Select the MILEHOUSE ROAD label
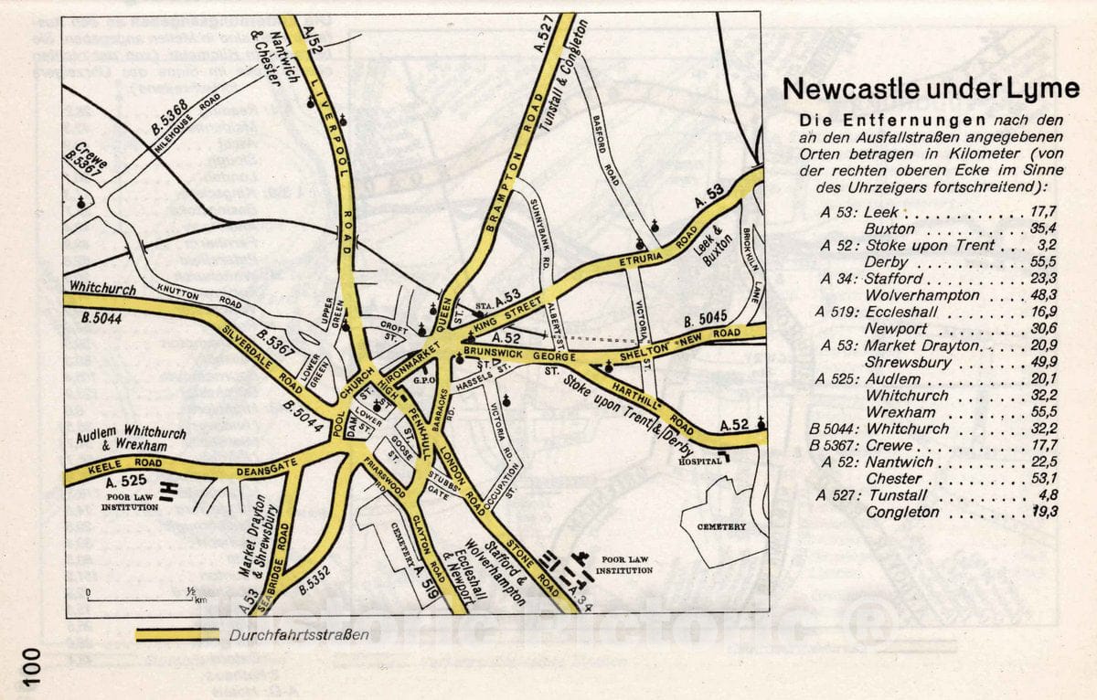pos(186,126)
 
